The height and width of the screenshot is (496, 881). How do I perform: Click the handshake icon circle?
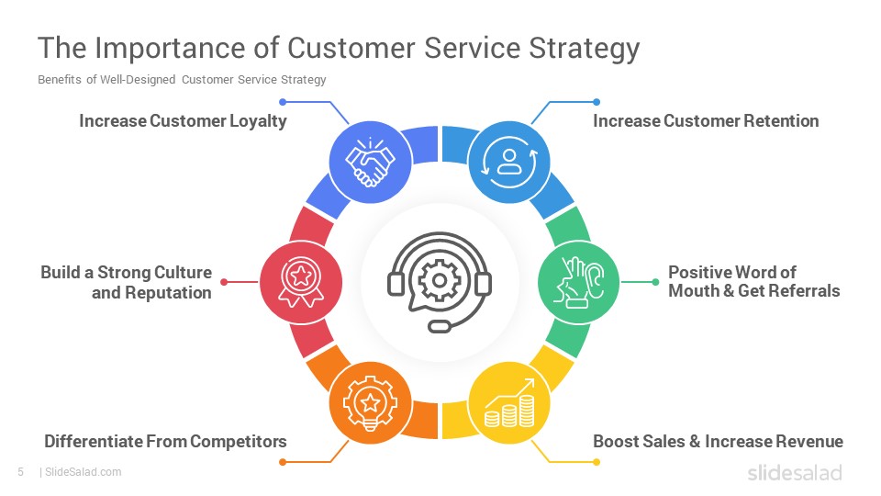[370, 162]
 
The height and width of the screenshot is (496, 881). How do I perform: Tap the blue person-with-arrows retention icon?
[509, 162]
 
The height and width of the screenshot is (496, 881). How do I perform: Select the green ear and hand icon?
[579, 282]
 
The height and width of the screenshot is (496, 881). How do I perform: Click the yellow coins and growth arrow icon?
[509, 402]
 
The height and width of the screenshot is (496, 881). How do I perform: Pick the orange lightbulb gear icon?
[370, 402]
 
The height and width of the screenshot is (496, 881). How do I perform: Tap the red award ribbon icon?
[301, 282]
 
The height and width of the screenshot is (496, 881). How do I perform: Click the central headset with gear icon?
[440, 282]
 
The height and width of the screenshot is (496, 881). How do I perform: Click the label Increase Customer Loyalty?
[184, 121]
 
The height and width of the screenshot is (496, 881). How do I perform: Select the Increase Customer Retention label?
[706, 121]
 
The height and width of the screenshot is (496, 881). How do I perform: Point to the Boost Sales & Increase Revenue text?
[718, 442]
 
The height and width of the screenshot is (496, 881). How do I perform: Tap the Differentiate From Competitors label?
[166, 442]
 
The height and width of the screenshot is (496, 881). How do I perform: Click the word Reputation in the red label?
[168, 293]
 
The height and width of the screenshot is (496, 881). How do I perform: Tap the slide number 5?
[21, 472]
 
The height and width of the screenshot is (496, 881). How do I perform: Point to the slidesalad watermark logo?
[795, 472]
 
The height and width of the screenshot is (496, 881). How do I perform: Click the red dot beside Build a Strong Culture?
[224, 282]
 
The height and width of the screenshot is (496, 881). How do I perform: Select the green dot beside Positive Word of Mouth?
[655, 282]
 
